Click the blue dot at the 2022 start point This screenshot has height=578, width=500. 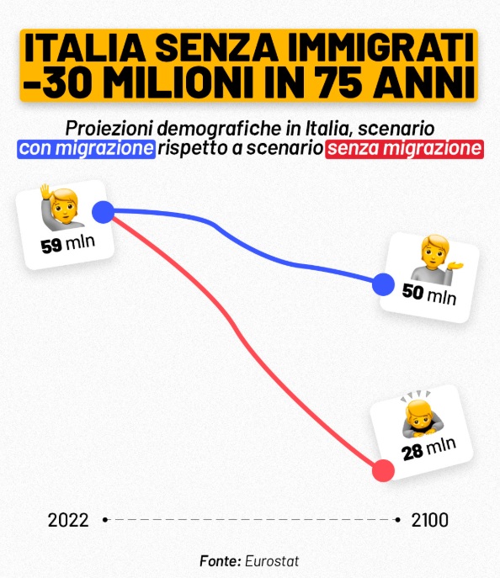coord(103,212)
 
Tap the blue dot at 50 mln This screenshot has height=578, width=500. coord(383,284)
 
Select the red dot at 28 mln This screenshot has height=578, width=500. coord(383,471)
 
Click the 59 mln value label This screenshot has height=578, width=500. coord(68,244)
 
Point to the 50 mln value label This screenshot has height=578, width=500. coord(429,294)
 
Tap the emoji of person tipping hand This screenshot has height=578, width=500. coord(436,260)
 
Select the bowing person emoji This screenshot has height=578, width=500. coord(418,413)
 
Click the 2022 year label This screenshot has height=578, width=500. coord(68,520)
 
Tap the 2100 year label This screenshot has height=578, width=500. coord(429,520)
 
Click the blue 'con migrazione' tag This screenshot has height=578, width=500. coord(87,149)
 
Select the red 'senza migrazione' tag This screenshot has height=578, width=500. coord(405,149)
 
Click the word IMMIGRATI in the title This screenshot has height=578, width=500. coord(380,48)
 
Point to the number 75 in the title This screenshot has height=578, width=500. coord(342,82)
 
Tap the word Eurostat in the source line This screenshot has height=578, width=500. coord(272,561)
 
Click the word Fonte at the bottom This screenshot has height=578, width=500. coord(221,561)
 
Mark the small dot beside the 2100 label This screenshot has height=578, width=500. coord(397,520)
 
